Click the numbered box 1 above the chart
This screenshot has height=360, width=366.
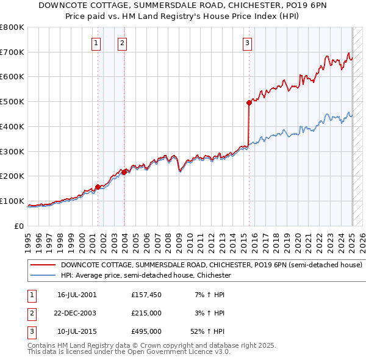[97, 43]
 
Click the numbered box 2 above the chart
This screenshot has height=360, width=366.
[123, 43]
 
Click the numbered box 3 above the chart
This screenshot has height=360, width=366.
[247, 43]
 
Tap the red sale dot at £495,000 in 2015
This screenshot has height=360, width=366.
[249, 103]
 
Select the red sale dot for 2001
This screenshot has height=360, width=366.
[98, 187]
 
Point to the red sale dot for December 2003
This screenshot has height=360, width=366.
[124, 172]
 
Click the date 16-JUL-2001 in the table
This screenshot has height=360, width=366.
[77, 295]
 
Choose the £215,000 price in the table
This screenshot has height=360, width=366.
[146, 313]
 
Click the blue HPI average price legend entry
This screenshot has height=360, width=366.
[145, 275]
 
